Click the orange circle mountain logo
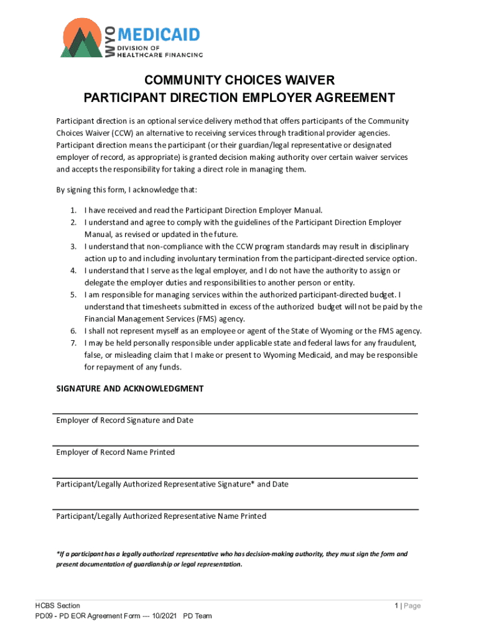coord(81,39)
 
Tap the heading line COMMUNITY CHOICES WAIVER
coord(240,80)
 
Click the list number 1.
coord(73,211)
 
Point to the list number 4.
coord(73,271)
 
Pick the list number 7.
coord(73,343)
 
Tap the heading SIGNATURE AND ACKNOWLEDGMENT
coord(129,389)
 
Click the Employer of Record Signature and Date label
coord(124,421)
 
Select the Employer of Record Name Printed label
coord(115,452)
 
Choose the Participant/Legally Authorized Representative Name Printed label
coord(161,516)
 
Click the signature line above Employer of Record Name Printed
coord(236,445)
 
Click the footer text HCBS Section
coord(57,606)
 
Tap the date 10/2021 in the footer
coord(163,616)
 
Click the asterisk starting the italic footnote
coord(57,554)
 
